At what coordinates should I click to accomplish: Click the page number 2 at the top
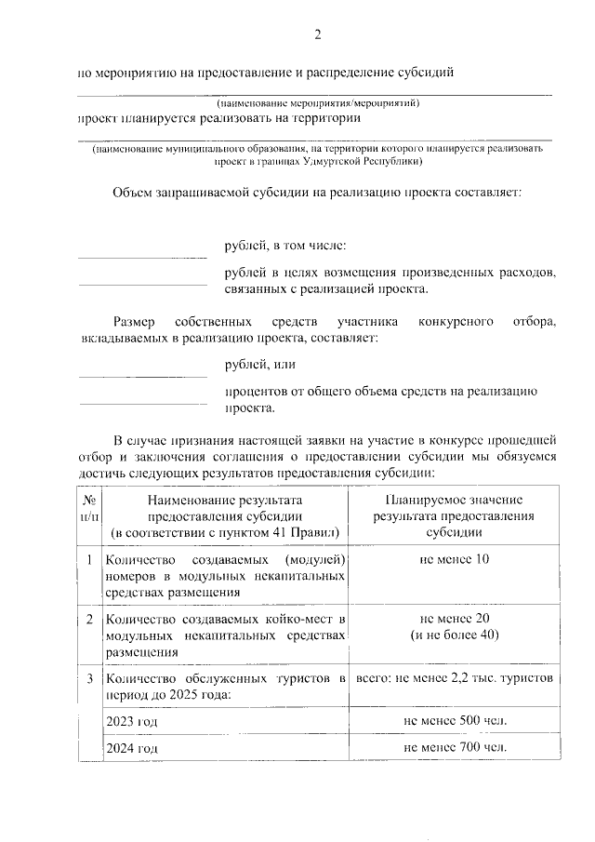point(316,35)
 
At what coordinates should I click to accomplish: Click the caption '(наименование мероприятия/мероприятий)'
point(315,102)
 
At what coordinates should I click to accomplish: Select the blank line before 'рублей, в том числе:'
point(142,256)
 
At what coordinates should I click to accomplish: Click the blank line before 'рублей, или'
point(142,376)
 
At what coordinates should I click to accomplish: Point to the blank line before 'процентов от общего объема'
point(142,403)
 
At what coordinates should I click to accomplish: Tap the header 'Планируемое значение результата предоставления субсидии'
point(455,516)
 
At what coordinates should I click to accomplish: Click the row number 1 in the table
point(88,560)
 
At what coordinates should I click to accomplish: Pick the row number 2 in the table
point(88,619)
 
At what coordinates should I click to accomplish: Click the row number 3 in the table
point(88,678)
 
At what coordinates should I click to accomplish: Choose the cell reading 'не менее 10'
point(455,559)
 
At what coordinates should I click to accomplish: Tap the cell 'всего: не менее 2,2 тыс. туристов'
point(455,678)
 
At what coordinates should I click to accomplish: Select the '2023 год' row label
point(130,721)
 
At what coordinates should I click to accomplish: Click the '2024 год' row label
point(130,748)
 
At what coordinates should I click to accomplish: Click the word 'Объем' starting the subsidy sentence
point(136,193)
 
